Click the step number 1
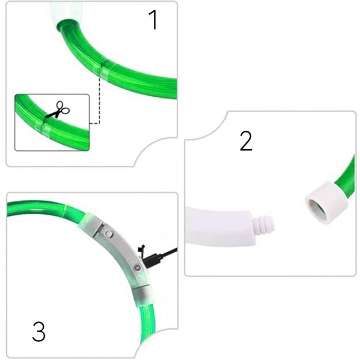153,20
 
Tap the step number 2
246,141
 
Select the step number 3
39,332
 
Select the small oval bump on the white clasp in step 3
108,234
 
